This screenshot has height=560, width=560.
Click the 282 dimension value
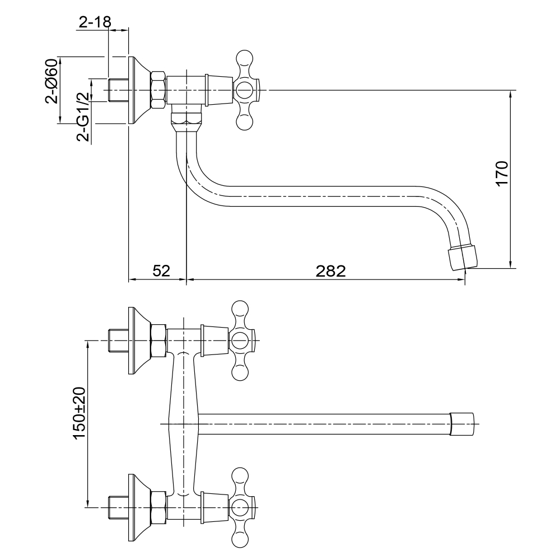click(x=331, y=271)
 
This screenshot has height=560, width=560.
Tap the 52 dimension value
click(x=161, y=270)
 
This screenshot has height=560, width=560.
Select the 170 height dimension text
click(x=502, y=174)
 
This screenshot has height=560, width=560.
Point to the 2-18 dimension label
click(x=95, y=22)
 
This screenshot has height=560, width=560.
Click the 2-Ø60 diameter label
click(x=52, y=81)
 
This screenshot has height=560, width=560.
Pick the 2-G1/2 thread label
click(x=83, y=117)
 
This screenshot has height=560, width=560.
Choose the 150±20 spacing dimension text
click(x=80, y=413)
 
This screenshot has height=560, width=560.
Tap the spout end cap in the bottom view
click(x=463, y=424)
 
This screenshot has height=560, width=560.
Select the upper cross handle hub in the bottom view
click(x=240, y=340)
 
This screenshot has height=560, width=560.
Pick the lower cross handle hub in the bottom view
click(x=240, y=507)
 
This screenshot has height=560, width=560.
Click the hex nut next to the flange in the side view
click(x=158, y=90)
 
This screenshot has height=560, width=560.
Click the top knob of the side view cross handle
click(x=245, y=58)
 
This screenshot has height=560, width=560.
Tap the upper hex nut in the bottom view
click(x=158, y=340)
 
